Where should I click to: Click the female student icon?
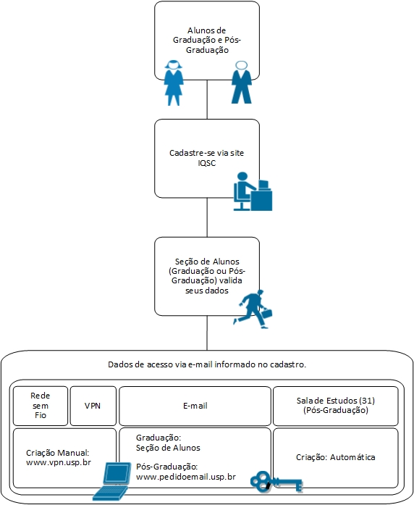point(174,83)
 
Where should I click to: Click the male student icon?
point(242,83)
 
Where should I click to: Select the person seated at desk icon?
point(253,191)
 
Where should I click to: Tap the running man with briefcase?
point(253,309)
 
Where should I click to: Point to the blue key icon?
point(276,482)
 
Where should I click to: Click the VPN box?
point(93,406)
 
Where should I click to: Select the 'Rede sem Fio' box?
point(41,406)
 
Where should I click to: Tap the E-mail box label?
point(195,406)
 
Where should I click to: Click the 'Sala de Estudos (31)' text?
point(336,401)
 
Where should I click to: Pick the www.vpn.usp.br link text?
point(59,462)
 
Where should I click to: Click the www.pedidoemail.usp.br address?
point(186,477)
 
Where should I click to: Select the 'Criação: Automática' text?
point(336,457)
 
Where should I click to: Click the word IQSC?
point(207,163)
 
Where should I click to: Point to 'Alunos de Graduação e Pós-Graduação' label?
point(207,41)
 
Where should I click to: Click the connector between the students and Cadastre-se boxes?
point(207,99)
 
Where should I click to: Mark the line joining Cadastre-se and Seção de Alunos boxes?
point(207,217)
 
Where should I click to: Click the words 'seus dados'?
point(207,291)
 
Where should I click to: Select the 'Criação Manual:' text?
point(58,453)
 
